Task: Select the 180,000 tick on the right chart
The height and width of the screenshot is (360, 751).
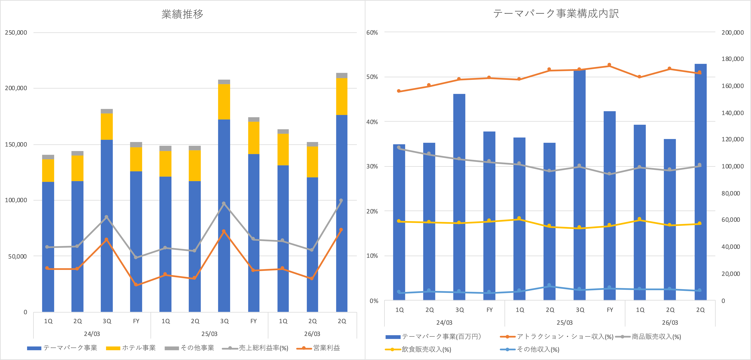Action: point(732,59)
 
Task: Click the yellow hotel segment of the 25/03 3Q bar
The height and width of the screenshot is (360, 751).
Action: point(224,102)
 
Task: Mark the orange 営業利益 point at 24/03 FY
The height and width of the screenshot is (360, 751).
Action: point(136,284)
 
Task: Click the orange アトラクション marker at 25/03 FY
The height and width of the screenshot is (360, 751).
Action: point(609,65)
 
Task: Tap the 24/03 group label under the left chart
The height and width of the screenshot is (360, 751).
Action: point(92,334)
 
